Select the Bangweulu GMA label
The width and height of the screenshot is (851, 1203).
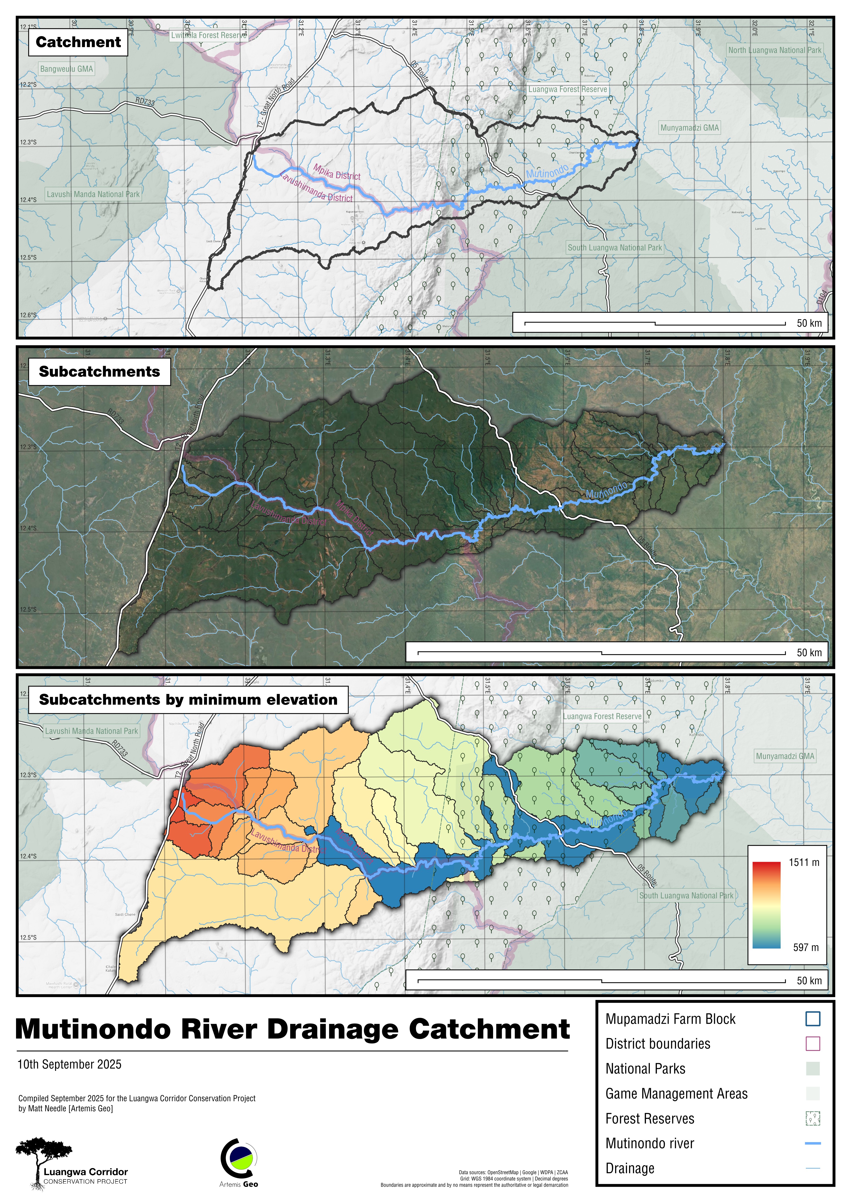[x=66, y=69]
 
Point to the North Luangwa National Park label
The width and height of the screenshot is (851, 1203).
[x=775, y=50]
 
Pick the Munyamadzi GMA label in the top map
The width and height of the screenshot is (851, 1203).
[x=689, y=127]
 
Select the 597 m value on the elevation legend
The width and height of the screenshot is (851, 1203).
[x=805, y=947]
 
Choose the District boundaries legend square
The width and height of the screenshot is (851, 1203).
[x=812, y=1044]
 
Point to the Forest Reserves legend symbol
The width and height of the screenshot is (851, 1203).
[x=812, y=1119]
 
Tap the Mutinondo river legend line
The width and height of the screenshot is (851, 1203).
[x=812, y=1143]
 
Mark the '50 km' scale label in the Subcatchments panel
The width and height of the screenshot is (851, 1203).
[x=809, y=652]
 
